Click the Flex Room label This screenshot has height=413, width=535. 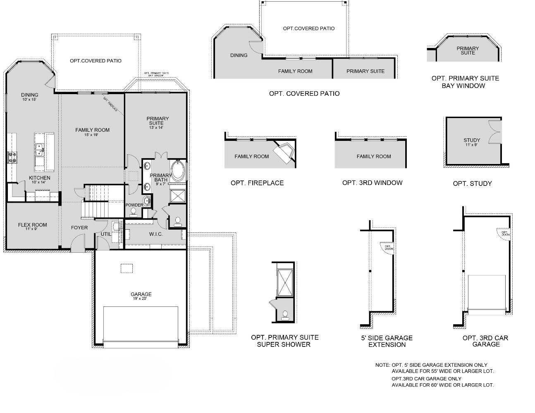pyautogui.click(x=32, y=225)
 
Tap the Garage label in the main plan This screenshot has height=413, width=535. pyautogui.click(x=141, y=294)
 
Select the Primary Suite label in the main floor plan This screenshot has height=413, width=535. pyautogui.click(x=158, y=121)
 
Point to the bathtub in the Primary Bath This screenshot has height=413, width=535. pyautogui.click(x=179, y=171)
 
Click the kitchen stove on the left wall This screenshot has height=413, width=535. pyautogui.click(x=12, y=157)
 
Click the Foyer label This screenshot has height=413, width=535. pyautogui.click(x=79, y=228)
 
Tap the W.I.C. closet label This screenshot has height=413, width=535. pyautogui.click(x=156, y=234)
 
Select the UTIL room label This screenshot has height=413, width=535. pyautogui.click(x=106, y=234)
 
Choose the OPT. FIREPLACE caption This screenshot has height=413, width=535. pyautogui.click(x=257, y=183)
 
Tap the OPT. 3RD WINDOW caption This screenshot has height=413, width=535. pyautogui.click(x=372, y=183)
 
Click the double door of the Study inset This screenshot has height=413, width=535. pyautogui.click(x=495, y=133)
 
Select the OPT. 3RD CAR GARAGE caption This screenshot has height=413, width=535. pyautogui.click(x=485, y=341)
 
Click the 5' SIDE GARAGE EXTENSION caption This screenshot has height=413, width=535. pyautogui.click(x=387, y=341)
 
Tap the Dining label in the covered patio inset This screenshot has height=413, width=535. pyautogui.click(x=239, y=55)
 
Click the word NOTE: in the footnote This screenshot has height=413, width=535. pyautogui.click(x=382, y=365)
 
